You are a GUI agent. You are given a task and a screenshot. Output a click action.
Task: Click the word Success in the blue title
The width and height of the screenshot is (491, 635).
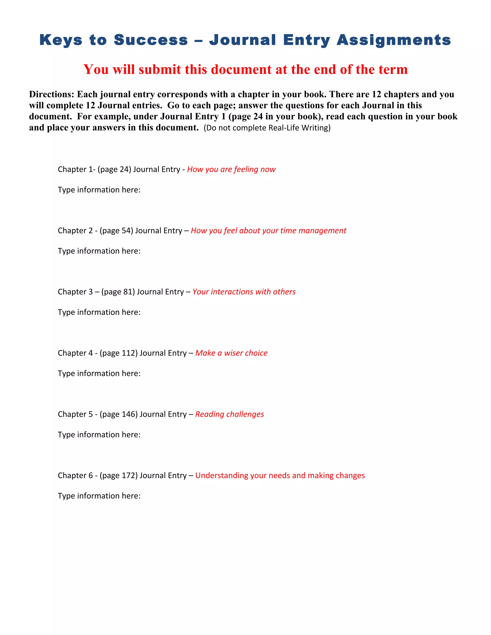pyautogui.click(x=151, y=40)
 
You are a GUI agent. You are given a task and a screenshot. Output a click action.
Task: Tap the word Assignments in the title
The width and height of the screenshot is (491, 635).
pyautogui.click(x=394, y=40)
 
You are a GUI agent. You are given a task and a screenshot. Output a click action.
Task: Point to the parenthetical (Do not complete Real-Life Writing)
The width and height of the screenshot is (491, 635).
pyautogui.click(x=267, y=128)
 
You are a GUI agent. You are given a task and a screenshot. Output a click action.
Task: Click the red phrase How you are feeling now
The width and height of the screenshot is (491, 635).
pyautogui.click(x=231, y=169)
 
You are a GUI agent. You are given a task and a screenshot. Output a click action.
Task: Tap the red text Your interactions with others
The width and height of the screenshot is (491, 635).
pyautogui.click(x=244, y=292)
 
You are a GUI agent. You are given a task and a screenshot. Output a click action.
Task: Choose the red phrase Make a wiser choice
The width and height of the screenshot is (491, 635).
pyautogui.click(x=231, y=353)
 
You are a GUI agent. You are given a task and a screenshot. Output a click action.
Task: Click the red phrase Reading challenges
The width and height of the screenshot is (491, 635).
pyautogui.click(x=229, y=414)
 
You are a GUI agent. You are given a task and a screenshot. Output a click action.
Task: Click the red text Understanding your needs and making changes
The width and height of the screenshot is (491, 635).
pyautogui.click(x=280, y=475)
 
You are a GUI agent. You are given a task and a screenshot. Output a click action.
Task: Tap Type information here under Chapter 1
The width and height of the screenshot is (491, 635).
pyautogui.click(x=99, y=190)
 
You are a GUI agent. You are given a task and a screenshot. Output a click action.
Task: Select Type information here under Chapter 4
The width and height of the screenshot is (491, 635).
pyautogui.click(x=99, y=373)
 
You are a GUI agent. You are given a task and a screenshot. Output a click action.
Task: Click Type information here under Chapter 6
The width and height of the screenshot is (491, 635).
pyautogui.click(x=99, y=496)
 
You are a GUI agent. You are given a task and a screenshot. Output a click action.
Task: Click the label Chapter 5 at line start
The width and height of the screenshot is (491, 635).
pyautogui.click(x=75, y=414)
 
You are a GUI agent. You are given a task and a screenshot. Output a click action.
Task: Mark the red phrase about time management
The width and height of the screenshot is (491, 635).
pyautogui.click(x=269, y=231)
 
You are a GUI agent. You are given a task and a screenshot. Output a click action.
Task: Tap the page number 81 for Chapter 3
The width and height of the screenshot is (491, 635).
pyautogui.click(x=128, y=292)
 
